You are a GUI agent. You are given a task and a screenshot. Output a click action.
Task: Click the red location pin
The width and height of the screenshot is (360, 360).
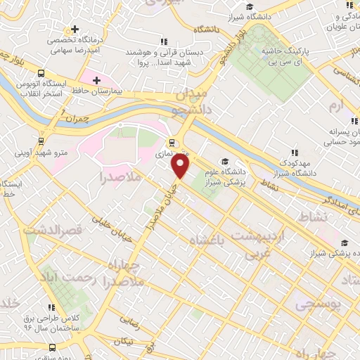(181, 166)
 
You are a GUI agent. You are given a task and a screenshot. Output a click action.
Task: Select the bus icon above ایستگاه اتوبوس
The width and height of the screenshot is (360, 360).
(41, 72)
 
